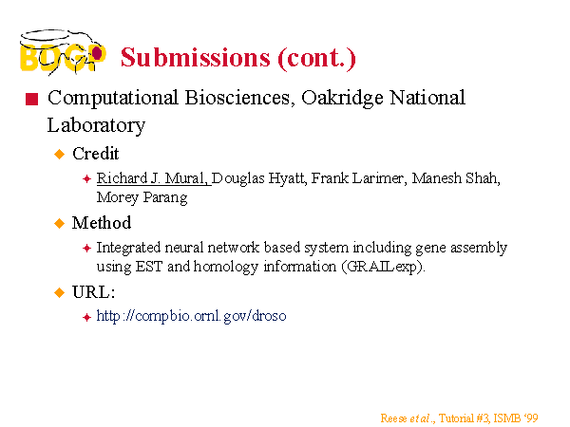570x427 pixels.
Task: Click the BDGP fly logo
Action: click(x=63, y=52)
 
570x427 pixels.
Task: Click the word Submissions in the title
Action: click(x=196, y=58)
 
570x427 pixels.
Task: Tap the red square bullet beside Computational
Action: click(x=31, y=99)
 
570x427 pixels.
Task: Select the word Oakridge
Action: click(x=342, y=98)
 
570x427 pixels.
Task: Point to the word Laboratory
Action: click(x=96, y=126)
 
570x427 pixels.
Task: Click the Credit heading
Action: click(x=96, y=154)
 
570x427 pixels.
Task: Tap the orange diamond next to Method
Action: click(x=59, y=223)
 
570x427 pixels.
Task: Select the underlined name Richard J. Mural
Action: click(x=152, y=178)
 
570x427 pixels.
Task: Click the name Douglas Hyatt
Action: click(x=258, y=179)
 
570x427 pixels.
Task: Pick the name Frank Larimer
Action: click(x=359, y=178)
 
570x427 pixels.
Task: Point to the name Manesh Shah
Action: click(x=456, y=178)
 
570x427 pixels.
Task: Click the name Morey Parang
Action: click(x=142, y=198)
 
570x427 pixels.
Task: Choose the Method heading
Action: click(x=102, y=223)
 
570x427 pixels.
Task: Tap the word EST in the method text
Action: click(x=149, y=267)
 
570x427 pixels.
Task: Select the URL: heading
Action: click(x=93, y=292)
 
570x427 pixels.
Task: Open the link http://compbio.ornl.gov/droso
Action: click(x=191, y=316)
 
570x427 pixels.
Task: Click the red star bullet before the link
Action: click(x=86, y=317)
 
